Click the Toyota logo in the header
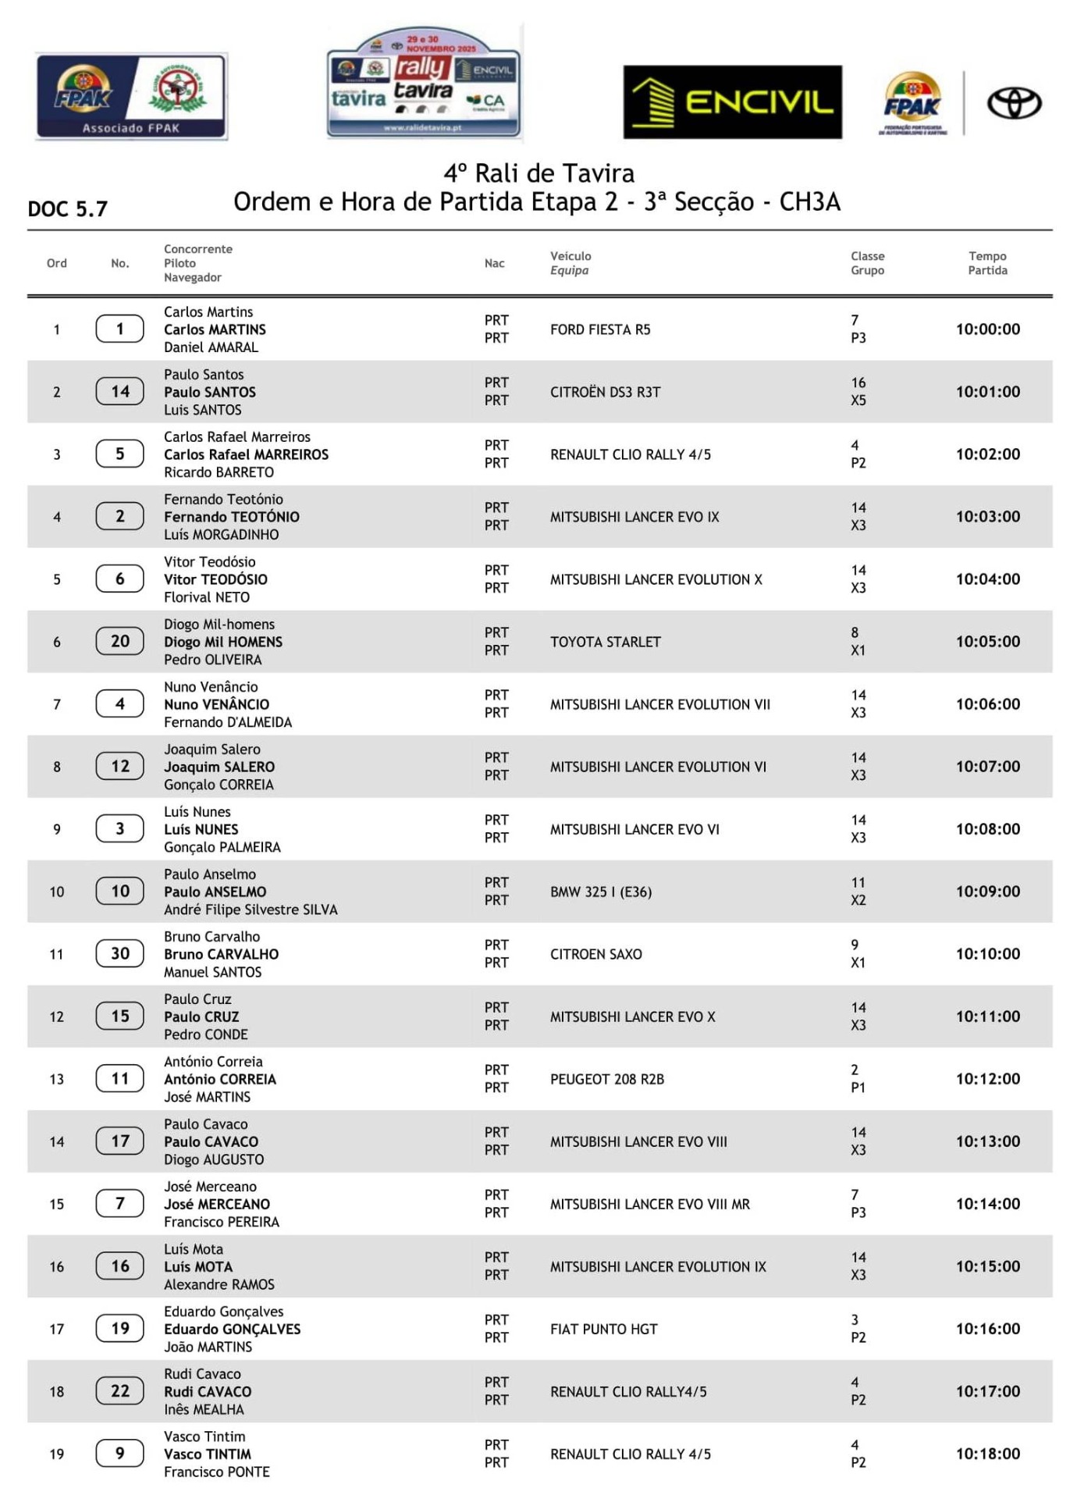1014,103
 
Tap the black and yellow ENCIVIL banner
732,102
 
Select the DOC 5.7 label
68,209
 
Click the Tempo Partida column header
987,263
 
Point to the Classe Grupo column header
867,263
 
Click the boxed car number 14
119,391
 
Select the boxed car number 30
119,953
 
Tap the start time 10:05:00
987,641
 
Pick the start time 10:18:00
987,1453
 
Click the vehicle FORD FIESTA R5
599,329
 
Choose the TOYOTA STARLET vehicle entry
605,642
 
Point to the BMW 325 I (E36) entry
600,892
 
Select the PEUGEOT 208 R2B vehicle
606,1079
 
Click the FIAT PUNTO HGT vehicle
603,1329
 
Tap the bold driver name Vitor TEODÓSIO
215,579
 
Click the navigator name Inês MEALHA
204,1409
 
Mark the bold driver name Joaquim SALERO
219,767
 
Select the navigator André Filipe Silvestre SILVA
251,910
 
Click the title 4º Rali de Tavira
538,173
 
